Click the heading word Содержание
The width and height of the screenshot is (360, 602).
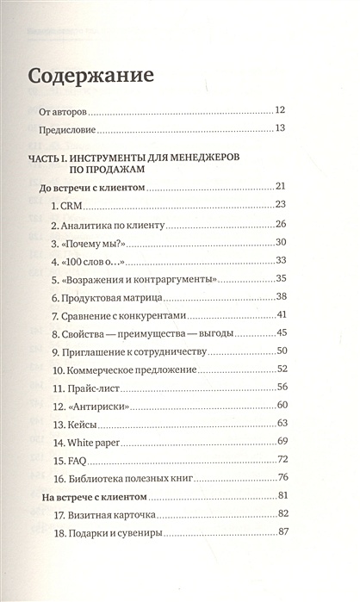pos(91,74)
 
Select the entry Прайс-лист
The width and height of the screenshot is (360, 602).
pos(89,388)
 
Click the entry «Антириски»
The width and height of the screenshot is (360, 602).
pos(91,407)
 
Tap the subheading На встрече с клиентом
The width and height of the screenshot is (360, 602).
pos(95,498)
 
